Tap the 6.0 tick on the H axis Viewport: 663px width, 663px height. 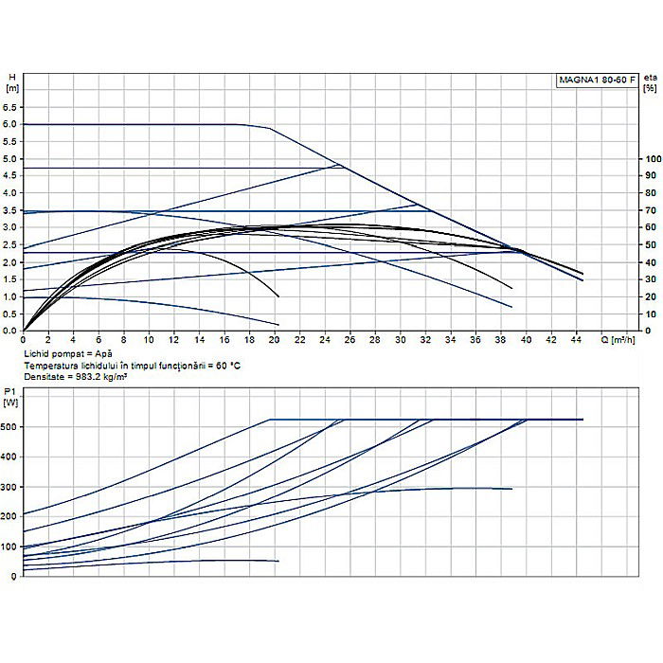point(11,124)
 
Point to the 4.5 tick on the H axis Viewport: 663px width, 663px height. point(11,176)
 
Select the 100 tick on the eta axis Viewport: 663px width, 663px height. point(652,159)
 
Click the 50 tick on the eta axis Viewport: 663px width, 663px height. point(652,245)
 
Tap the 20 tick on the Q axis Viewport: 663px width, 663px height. point(274,339)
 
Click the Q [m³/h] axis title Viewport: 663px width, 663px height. point(622,339)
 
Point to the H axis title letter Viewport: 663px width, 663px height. point(10,76)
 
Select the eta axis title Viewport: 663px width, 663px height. point(650,76)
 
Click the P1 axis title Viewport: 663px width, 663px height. point(10,390)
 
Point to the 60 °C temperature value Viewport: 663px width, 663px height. point(211,365)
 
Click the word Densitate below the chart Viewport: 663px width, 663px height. point(44,376)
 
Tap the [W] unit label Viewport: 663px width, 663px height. point(11,403)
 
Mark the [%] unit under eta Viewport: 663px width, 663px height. point(650,88)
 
